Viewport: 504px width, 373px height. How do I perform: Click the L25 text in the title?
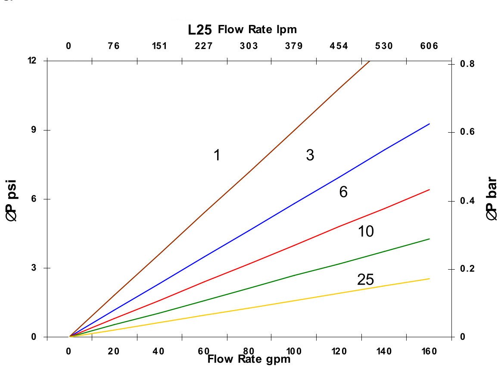(x=200, y=31)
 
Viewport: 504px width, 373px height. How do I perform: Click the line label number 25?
(x=365, y=280)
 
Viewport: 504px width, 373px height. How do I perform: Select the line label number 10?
(x=366, y=232)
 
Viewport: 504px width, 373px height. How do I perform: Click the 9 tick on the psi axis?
(x=33, y=130)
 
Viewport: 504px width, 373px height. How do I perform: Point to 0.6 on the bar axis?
(x=467, y=132)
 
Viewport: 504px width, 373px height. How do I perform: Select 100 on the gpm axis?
(x=295, y=351)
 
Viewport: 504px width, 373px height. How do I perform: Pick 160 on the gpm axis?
(x=429, y=351)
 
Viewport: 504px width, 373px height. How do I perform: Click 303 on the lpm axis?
(x=249, y=46)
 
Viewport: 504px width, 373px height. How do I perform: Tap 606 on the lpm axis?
(x=429, y=46)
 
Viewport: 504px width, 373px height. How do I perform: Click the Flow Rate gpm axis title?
(x=249, y=359)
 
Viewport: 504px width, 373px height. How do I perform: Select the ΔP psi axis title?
(x=13, y=199)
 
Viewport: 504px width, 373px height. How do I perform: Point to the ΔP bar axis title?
(x=492, y=199)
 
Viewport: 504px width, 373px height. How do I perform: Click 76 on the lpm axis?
(x=114, y=46)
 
